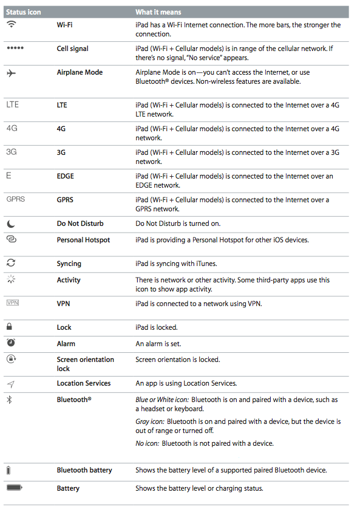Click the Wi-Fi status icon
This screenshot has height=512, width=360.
pos(11,25)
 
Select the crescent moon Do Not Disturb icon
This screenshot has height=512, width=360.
pos(11,224)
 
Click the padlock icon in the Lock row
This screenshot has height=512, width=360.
pos(10,327)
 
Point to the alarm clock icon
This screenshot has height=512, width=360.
pos(11,343)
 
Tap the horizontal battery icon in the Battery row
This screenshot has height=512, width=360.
pos(15,488)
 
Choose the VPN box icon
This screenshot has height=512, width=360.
pos(12,303)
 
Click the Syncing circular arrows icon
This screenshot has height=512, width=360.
pos(11,263)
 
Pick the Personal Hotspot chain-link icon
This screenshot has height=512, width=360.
pos(12,240)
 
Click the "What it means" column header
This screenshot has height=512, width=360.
pos(158,12)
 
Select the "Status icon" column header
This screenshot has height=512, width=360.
pos(24,12)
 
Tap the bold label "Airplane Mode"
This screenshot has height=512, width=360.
pos(80,72)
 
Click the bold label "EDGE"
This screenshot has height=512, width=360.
pos(65,176)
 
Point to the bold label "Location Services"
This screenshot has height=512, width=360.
pos(84,383)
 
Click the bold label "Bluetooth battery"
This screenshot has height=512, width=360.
pos(84,470)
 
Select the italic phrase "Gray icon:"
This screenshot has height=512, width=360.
pos(150,422)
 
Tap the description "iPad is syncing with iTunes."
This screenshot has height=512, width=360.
pos(176,264)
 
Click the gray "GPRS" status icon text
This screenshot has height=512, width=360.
pos(15,199)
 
